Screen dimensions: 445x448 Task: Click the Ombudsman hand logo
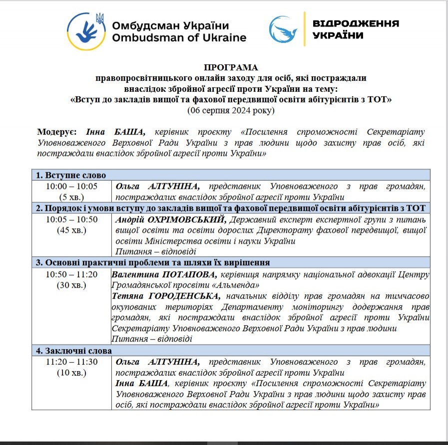85,30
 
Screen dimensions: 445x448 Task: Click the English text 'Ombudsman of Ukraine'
179,37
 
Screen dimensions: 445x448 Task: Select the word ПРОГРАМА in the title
231,67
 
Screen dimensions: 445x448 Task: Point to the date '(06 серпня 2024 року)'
231,110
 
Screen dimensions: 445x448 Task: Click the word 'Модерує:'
57,132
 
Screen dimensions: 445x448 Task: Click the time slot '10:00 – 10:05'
71,186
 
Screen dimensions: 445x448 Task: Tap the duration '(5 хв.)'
71,197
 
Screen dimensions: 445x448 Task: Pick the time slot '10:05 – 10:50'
71,219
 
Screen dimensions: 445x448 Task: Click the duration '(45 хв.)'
71,230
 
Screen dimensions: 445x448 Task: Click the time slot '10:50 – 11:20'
71,274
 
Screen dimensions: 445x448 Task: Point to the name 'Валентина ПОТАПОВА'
164,274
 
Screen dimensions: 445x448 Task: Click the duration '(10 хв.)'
71,373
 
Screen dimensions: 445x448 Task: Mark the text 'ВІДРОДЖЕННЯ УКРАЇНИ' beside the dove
356,29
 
